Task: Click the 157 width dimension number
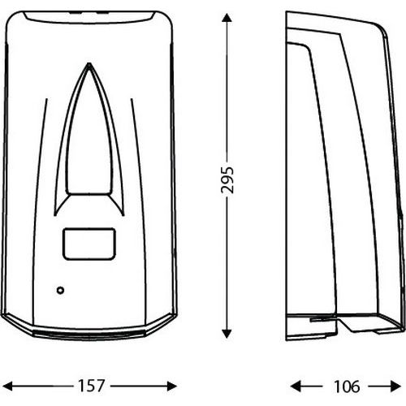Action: pos(91,386)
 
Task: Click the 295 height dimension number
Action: pos(227,180)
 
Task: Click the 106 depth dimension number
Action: pos(347,387)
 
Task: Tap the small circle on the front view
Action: pos(60,291)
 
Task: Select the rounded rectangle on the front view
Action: pos(89,244)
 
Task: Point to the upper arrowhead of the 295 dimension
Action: pos(227,19)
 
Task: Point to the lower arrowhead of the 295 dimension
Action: pos(227,334)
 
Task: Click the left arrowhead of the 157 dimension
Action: pos(7,386)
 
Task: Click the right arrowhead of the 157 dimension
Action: pos(172,386)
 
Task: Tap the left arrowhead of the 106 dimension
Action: pos(296,386)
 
